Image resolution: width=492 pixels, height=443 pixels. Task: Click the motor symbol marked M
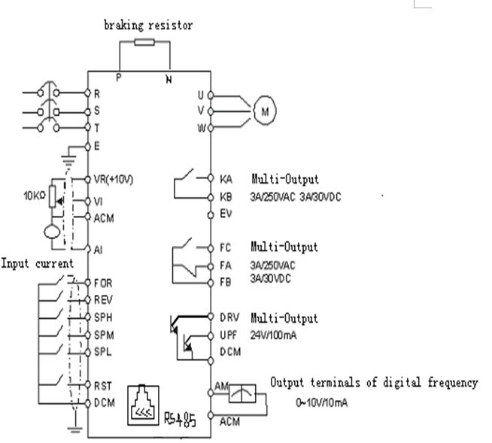click(x=265, y=111)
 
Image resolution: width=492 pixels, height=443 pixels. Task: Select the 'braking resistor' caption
click(x=148, y=25)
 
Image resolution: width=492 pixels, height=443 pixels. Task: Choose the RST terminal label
click(x=102, y=385)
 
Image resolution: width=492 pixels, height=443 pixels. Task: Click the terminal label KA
click(x=226, y=181)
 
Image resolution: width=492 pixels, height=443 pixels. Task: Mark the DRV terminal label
click(x=229, y=318)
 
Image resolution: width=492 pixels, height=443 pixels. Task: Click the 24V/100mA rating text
click(x=273, y=335)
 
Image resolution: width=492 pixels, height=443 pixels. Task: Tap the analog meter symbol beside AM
click(x=241, y=394)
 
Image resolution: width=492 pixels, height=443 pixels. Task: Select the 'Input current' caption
click(x=37, y=263)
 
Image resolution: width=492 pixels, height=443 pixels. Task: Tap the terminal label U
click(x=201, y=95)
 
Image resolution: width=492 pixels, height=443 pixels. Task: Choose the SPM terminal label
click(x=103, y=334)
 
